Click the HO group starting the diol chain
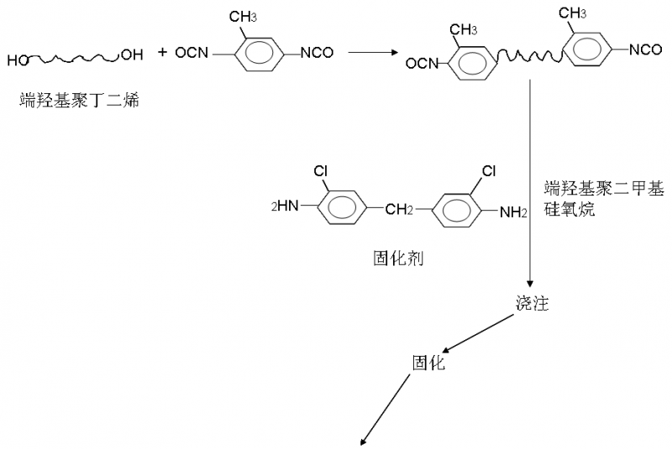tap(19, 60)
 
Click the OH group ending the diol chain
tap(132, 55)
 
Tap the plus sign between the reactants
tap(162, 53)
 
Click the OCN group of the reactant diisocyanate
tap(192, 54)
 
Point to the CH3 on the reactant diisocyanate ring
tap(253, 14)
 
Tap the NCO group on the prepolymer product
tap(645, 50)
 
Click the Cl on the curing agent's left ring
tap(320, 171)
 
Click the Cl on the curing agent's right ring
tap(488, 171)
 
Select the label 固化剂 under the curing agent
tap(397, 258)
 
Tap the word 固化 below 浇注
tap(428, 363)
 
